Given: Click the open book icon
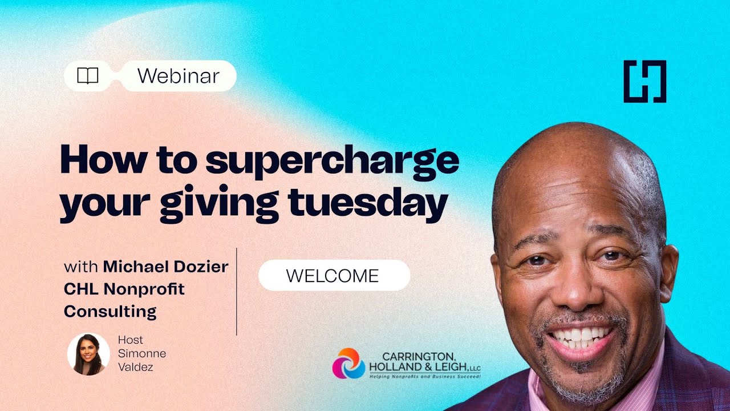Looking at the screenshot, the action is coord(88,76).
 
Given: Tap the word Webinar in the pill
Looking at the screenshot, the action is coord(179,76).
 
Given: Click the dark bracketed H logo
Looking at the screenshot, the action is coord(645,82).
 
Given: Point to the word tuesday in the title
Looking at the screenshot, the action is coord(368,202).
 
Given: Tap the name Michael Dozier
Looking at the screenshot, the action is coord(165,267).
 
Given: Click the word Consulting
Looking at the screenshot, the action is coord(110,312).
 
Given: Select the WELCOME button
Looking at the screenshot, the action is coord(334,276).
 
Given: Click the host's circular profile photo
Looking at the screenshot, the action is coord(88,354).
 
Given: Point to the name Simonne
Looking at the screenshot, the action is coord(142,353).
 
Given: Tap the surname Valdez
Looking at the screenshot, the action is coord(136,367).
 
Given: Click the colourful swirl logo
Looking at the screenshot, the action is coord(348,363).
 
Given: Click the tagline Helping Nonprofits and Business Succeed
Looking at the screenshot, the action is coord(425,377).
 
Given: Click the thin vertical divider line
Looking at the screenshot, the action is coord(236,292).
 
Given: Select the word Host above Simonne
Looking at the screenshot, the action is coord(131,340).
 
